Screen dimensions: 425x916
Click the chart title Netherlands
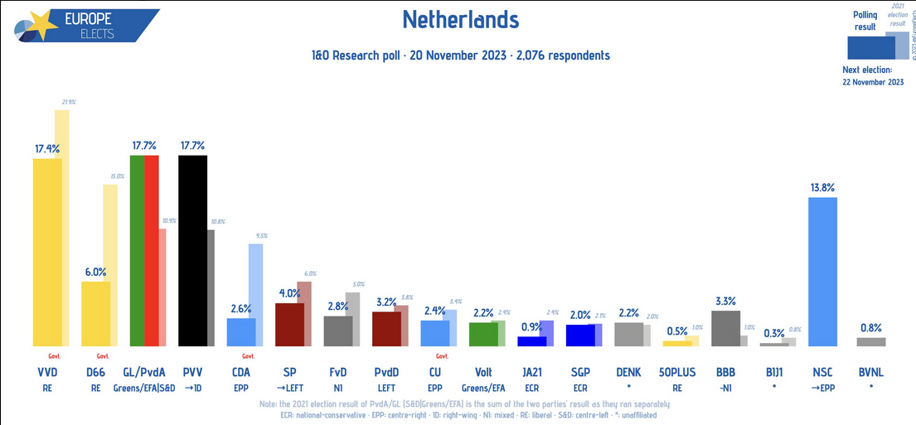point(461,20)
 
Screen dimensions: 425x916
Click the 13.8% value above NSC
point(821,187)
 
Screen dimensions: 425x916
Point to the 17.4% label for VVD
point(46,148)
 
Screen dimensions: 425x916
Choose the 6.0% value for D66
point(95,272)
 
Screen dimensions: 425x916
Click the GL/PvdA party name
point(146,372)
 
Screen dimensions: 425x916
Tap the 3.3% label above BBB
point(725,301)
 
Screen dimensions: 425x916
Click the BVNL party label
point(870,372)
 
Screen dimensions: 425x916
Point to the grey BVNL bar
point(870,341)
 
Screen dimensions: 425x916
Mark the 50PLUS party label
point(677,372)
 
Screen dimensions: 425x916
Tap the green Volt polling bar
point(482,334)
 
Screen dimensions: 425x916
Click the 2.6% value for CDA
point(241,308)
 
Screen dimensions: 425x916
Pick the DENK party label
point(629,372)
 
